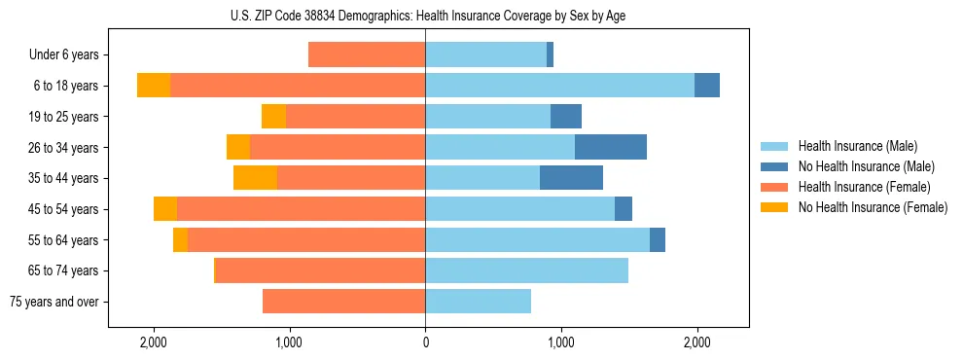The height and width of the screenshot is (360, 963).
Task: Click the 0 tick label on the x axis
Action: [x=425, y=343]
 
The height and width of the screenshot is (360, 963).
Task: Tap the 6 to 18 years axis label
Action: [x=65, y=86]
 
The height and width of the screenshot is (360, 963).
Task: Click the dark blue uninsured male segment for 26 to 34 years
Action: [x=611, y=147]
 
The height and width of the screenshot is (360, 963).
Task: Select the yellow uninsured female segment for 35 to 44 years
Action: [x=255, y=178]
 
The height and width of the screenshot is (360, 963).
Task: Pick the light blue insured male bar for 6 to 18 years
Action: [x=559, y=86]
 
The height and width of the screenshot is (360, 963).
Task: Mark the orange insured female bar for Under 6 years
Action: [x=367, y=54]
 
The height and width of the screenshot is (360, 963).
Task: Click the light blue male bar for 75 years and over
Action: [x=478, y=302]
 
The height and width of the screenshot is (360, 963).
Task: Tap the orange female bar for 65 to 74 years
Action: [x=320, y=270]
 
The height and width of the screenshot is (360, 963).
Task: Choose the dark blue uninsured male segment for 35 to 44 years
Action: [x=571, y=178]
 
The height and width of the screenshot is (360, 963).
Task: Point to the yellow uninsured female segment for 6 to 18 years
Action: [x=154, y=86]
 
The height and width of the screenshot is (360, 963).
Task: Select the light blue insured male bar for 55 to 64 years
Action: [x=537, y=239]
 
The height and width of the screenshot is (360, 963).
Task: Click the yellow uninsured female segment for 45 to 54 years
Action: [x=165, y=209]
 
